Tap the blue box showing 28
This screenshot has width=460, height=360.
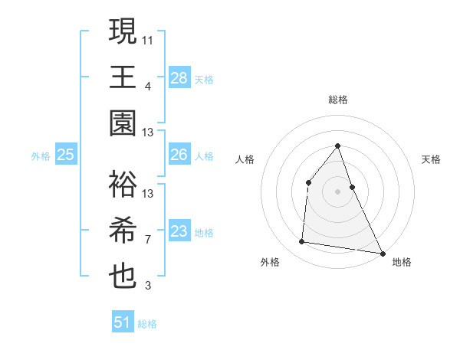coord(179,77)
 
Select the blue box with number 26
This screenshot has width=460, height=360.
coord(179,155)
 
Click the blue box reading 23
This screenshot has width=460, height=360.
coord(179,232)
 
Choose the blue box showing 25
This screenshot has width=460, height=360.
coord(66,155)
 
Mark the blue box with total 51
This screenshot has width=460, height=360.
coord(123,322)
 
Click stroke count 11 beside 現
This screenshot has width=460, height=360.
coord(149,38)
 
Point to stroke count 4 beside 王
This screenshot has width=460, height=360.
coord(148,86)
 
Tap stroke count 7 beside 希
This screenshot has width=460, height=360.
coord(148,240)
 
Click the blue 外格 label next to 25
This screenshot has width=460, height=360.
coord(41,156)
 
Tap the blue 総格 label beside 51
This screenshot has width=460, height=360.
coord(147,323)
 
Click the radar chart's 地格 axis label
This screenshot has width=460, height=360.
coord(402,262)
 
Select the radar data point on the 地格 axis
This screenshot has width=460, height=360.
coord(382,254)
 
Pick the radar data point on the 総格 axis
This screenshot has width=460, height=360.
coord(337,146)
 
